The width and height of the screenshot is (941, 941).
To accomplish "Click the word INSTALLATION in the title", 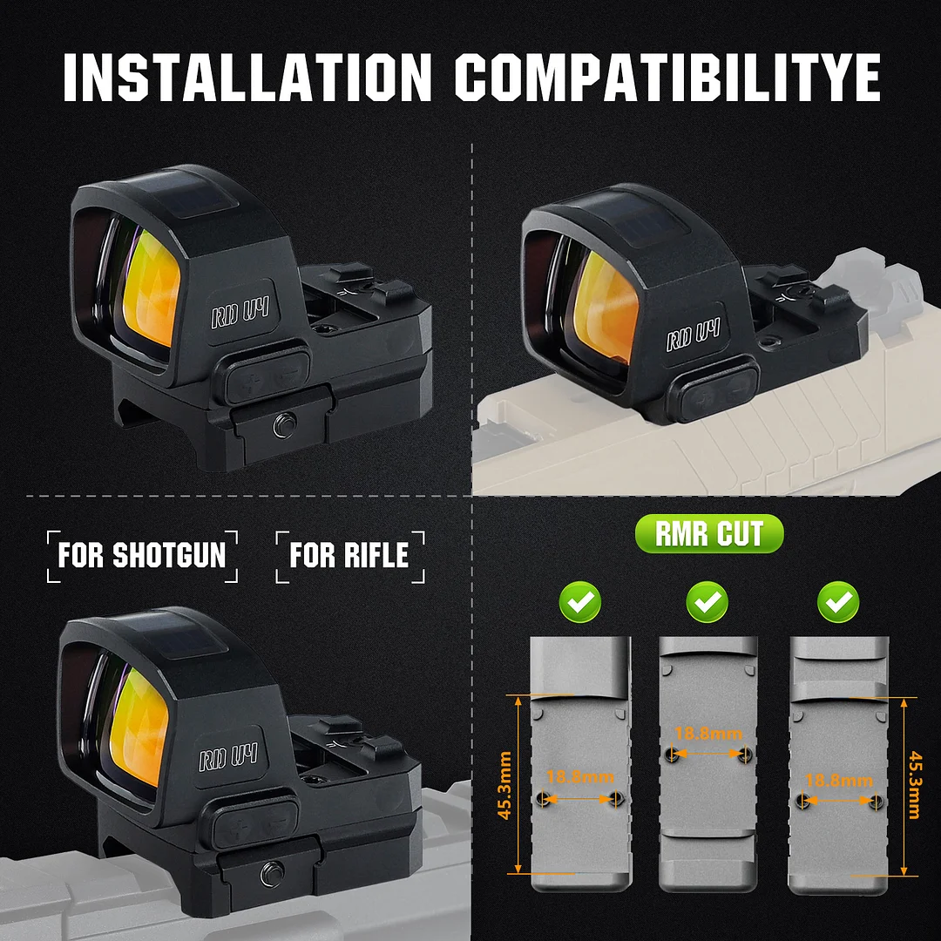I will pos(247,78).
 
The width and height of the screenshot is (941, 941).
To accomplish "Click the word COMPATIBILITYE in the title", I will pos(667,78).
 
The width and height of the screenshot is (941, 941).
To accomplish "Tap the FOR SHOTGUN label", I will pos(142,556).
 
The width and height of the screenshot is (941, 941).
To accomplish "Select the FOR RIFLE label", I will pos(349,556).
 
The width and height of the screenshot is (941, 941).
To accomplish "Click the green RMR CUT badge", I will pos(709,534).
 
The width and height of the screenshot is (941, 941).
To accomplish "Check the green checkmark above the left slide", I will pos(581,600).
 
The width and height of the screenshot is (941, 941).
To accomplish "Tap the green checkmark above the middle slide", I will pos(707,600).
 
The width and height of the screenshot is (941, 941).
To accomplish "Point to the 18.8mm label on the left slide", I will pos(579,776).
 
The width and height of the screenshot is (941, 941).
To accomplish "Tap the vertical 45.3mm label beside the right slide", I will pos(914,784).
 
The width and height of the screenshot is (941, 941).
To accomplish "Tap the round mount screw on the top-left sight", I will pos(283,425).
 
